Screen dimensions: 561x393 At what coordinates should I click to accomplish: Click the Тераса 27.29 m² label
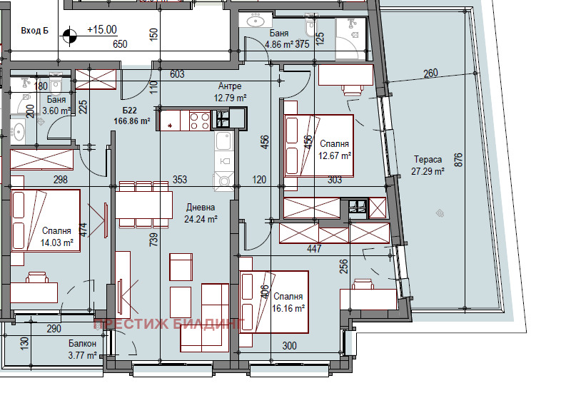[428, 165]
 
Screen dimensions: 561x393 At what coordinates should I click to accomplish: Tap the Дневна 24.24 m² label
[201, 213]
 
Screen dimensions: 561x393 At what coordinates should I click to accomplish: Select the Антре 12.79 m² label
[230, 92]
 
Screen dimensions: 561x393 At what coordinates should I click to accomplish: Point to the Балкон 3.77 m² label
[82, 349]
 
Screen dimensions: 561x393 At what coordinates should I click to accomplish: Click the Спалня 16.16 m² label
[288, 302]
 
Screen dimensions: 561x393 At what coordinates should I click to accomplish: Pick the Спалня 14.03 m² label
[56, 237]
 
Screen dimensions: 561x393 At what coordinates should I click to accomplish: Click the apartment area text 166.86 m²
[131, 121]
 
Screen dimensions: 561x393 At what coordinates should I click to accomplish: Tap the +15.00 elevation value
[102, 30]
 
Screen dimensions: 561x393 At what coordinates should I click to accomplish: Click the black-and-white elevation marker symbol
[70, 36]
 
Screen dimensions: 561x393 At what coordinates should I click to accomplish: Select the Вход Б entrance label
[34, 31]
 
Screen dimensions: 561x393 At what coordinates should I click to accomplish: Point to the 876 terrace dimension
[458, 160]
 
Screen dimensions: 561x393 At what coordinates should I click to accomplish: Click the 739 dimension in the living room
[153, 240]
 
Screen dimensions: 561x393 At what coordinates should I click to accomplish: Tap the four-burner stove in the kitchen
[200, 121]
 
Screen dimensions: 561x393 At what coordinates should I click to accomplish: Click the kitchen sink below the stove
[223, 141]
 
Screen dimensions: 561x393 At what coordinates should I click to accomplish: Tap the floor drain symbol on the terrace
[440, 213]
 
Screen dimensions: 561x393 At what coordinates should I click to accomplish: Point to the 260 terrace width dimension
[430, 73]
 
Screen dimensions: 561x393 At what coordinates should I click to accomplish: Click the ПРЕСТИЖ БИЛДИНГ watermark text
[169, 324]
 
